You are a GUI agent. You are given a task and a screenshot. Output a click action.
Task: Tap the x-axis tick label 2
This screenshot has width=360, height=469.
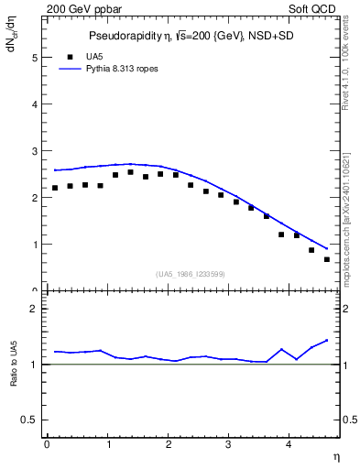pyautogui.click(x=168, y=444)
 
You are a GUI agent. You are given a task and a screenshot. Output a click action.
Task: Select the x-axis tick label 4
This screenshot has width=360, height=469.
pyautogui.click(x=289, y=444)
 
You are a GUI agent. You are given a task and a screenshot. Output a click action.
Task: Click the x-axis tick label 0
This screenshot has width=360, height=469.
pyautogui.click(x=47, y=444)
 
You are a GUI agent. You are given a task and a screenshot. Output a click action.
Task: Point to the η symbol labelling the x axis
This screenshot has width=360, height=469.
pyautogui.click(x=335, y=455)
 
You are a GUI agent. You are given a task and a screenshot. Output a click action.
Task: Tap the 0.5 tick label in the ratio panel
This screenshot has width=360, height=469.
pyautogui.click(x=29, y=420)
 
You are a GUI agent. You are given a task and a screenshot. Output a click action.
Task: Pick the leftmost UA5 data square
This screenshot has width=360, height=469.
pyautogui.click(x=55, y=188)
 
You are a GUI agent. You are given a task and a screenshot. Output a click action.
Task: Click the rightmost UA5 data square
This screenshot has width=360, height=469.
pyautogui.click(x=327, y=259)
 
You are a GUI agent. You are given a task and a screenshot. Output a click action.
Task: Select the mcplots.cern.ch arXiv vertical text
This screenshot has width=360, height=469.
pyautogui.click(x=351, y=220)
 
